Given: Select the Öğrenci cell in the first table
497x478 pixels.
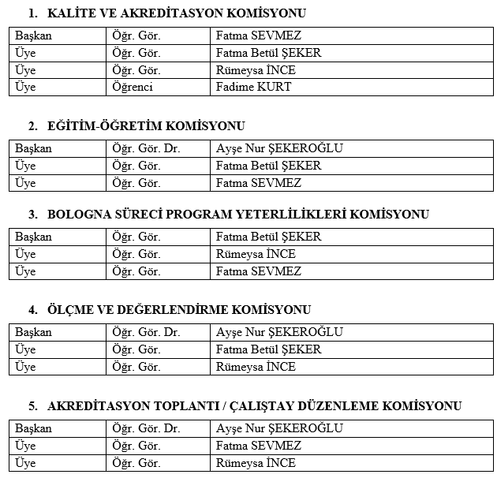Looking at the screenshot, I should pos(133,87).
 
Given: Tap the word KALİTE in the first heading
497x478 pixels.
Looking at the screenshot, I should pos(69,13).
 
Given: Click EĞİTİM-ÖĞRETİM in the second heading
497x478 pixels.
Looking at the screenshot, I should pos(99,125).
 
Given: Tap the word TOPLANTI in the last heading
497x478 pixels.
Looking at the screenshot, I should pos(174,405).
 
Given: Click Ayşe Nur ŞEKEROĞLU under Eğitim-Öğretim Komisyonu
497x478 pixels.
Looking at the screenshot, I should pos(279,148).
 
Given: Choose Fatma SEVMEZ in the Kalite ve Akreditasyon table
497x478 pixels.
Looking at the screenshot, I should pos(259,35).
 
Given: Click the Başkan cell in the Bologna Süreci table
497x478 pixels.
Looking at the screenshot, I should pos(33,237).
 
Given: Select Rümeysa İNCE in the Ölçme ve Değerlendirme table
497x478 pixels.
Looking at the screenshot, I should pos(256,367).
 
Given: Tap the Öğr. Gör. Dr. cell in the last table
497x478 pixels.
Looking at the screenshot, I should pos(146,428).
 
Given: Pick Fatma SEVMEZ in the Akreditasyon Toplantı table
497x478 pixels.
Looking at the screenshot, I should pos(259,446).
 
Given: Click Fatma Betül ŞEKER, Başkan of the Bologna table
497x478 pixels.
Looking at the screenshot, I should pos(268,237).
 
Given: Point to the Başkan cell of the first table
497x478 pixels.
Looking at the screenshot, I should pos(33,35).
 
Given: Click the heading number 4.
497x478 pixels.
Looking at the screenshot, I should pos(32,309).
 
